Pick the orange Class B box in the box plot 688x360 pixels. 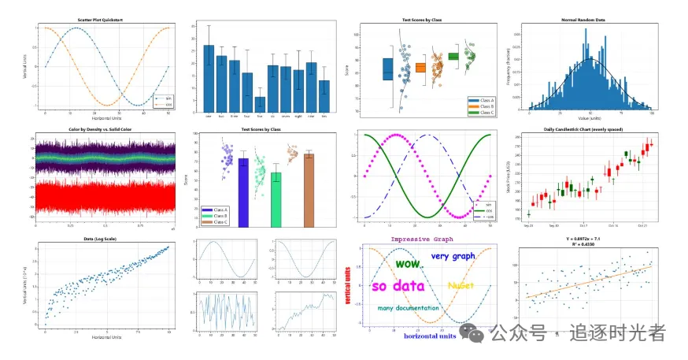[420, 68]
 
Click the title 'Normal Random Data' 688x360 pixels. [589, 19]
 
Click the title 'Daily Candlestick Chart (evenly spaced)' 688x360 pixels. [590, 129]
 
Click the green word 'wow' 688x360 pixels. [407, 264]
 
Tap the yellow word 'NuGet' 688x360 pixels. [460, 285]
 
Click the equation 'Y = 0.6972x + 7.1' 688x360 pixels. [589, 239]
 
